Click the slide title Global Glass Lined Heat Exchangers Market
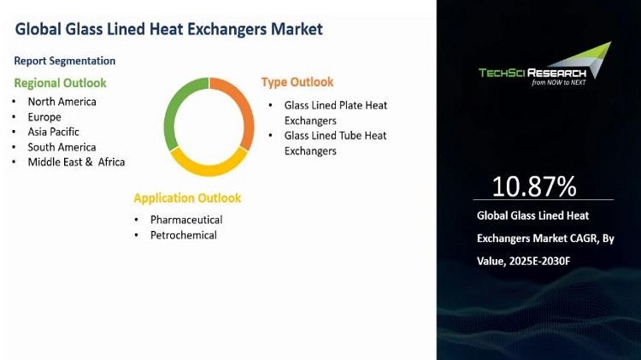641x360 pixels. pyautogui.click(x=169, y=29)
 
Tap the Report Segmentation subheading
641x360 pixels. pyautogui.click(x=65, y=61)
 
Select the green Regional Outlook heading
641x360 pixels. pyautogui.click(x=60, y=83)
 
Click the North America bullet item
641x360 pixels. pyautogui.click(x=62, y=102)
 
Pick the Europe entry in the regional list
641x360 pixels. pyautogui.click(x=44, y=117)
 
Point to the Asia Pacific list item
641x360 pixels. pyautogui.click(x=53, y=132)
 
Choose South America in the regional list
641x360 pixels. pyautogui.click(x=62, y=147)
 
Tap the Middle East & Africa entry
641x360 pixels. pyautogui.click(x=76, y=162)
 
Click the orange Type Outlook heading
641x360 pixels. pyautogui.click(x=297, y=82)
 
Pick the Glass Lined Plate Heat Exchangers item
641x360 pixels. pyautogui.click(x=336, y=113)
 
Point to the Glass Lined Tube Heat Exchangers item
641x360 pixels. pyautogui.click(x=335, y=143)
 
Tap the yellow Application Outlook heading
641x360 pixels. pyautogui.click(x=187, y=198)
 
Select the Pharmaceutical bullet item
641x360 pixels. pyautogui.click(x=186, y=220)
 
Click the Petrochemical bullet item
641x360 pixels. pyautogui.click(x=184, y=235)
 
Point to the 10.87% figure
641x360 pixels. pyautogui.click(x=534, y=186)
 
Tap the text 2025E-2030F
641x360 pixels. pyautogui.click(x=539, y=261)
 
